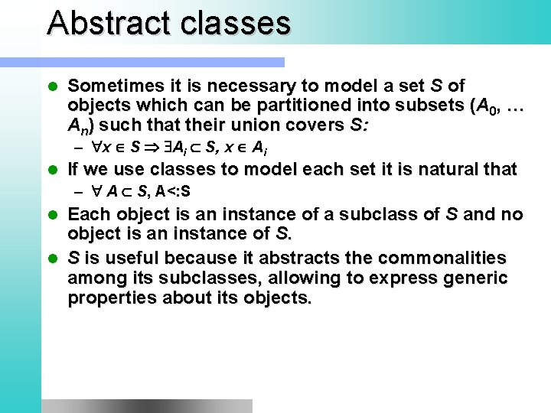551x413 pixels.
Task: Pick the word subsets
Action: (425, 105)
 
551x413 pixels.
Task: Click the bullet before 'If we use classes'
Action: (52, 168)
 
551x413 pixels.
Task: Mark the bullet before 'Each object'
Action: (52, 214)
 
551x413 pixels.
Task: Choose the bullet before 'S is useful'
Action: (52, 258)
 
